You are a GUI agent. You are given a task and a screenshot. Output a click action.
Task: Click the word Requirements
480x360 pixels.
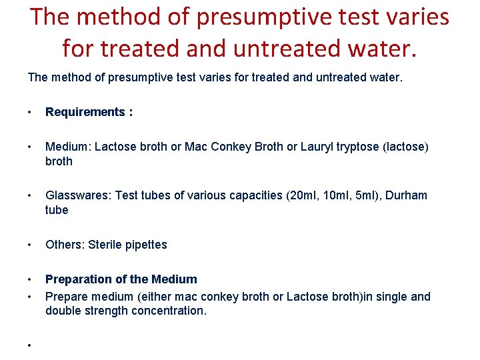(x=85, y=112)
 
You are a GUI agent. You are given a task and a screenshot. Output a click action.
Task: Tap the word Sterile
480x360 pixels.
(x=105, y=245)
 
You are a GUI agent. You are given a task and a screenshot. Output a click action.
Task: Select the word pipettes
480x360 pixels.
(x=146, y=245)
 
